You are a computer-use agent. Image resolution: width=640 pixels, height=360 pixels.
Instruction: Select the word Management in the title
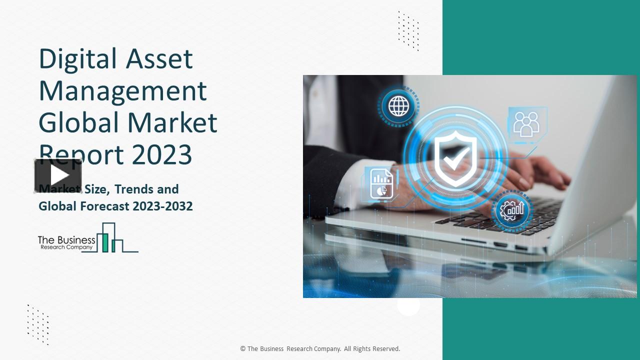click(x=122, y=91)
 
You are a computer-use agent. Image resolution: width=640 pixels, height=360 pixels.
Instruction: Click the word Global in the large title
click(x=78, y=122)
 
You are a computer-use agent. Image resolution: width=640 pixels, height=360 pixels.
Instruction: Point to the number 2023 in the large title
click(x=162, y=154)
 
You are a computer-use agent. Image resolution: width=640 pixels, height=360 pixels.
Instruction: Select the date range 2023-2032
click(x=162, y=206)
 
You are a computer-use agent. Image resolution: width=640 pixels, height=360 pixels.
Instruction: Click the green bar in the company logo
click(x=105, y=242)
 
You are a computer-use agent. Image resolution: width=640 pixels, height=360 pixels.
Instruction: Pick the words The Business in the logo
click(x=66, y=240)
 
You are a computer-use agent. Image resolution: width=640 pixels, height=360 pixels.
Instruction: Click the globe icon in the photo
click(x=398, y=105)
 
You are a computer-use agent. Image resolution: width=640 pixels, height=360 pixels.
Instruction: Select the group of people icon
click(x=526, y=123)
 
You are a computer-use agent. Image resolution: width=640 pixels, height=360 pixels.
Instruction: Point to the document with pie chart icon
click(x=381, y=183)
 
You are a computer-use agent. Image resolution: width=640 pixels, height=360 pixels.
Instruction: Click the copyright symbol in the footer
click(x=243, y=349)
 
